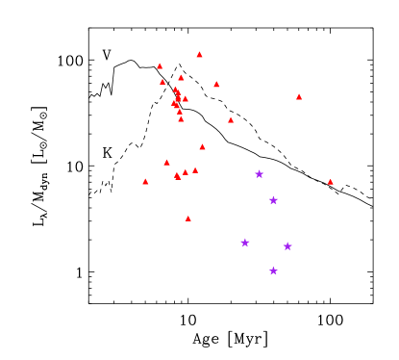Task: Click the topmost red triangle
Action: click(x=200, y=55)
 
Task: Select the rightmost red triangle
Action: click(x=331, y=182)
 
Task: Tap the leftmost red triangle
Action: click(x=146, y=182)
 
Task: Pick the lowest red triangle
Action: click(x=188, y=219)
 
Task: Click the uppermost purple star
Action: click(x=260, y=174)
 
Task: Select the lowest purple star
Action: click(x=274, y=271)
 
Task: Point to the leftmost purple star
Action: click(x=245, y=243)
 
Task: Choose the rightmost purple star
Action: click(x=287, y=246)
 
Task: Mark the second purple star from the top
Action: click(x=274, y=200)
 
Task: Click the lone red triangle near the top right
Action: click(x=299, y=97)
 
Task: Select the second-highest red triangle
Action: click(x=161, y=66)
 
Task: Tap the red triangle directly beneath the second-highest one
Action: click(x=162, y=82)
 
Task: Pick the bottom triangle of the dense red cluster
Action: click(x=181, y=119)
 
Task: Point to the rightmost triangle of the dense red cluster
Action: click(x=186, y=99)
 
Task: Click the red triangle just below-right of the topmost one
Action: click(x=217, y=85)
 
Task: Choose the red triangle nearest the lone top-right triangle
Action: click(x=231, y=120)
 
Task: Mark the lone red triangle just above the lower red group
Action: click(x=203, y=147)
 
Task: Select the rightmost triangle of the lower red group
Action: click(x=195, y=170)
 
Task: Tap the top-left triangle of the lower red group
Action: click(x=167, y=163)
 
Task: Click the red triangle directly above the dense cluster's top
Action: click(x=181, y=78)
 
